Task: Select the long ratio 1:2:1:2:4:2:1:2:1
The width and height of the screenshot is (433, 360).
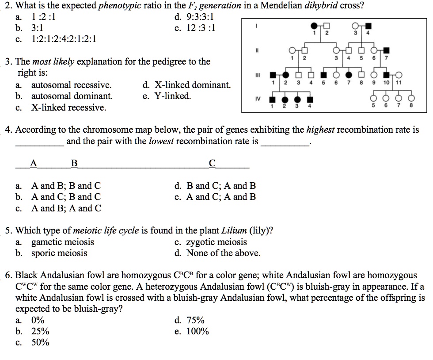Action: pyautogui.click(x=64, y=39)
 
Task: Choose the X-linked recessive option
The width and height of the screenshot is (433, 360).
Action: pyautogui.click(x=68, y=107)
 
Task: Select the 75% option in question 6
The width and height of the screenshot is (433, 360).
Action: pyautogui.click(x=195, y=320)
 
